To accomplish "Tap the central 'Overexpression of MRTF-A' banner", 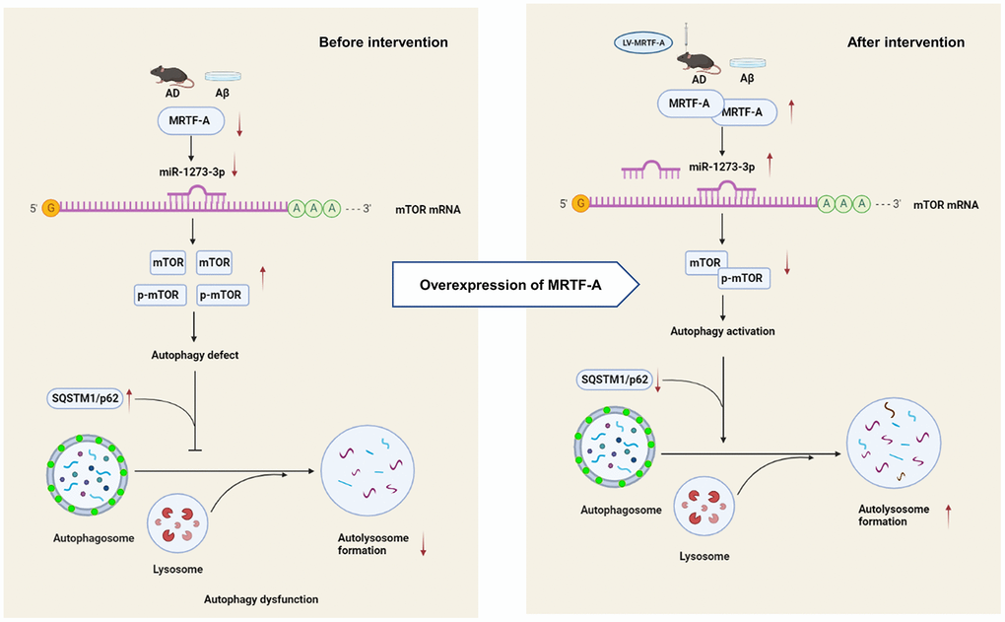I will [515, 286].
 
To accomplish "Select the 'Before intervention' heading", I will [382, 42].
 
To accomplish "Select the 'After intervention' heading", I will [905, 42].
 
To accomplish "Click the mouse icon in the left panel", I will [168, 75].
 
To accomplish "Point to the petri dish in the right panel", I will [746, 64].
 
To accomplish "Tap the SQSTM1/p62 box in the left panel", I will [83, 399].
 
